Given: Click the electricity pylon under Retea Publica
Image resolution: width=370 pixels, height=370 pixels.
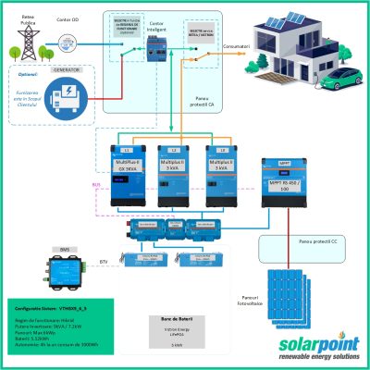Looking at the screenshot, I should coord(27,37).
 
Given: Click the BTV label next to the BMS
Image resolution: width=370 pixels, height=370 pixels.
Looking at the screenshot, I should coord(103,263).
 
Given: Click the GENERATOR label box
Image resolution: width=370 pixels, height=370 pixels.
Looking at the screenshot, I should coord(63,70).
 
